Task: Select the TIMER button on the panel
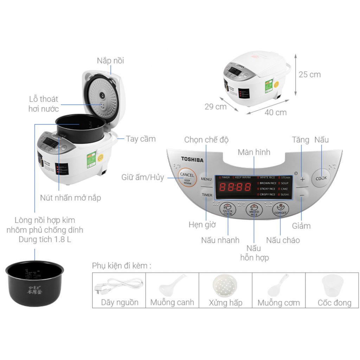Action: click(207, 195)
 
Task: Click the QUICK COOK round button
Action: click(228, 210)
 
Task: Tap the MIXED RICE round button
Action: click(254, 210)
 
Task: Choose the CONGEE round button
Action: click(280, 210)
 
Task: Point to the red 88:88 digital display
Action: click(235, 187)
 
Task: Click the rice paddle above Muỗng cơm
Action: click(278, 285)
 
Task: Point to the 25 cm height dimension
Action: click(309, 75)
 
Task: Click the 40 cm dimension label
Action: click(276, 112)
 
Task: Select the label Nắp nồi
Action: click(110, 61)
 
